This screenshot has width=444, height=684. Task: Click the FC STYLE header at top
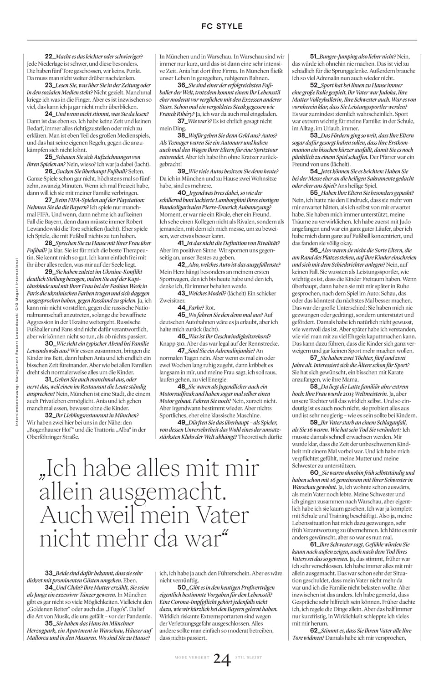click(x=222, y=26)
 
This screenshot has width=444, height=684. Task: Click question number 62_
click(x=315, y=631)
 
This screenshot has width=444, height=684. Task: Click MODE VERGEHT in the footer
click(x=192, y=658)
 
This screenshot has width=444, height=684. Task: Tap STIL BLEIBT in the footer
click(x=249, y=658)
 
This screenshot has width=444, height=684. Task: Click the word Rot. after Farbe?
click(x=209, y=308)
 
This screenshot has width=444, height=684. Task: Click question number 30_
click(x=49, y=342)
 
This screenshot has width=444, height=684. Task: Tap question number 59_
click(x=315, y=423)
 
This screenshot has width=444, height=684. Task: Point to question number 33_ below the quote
click(x=49, y=573)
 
